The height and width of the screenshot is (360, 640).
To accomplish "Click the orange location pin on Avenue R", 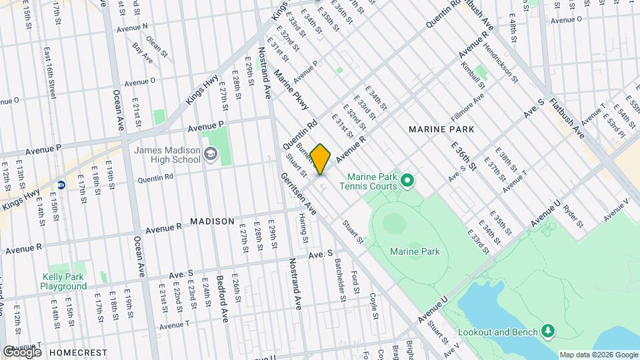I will [321, 159].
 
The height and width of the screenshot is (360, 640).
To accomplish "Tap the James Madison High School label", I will [167, 155].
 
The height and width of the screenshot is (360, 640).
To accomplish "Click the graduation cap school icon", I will [211, 155].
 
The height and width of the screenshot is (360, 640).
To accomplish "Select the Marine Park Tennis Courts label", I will [371, 181].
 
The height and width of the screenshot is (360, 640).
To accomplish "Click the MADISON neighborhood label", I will [212, 221].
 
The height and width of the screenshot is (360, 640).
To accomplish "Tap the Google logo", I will [22, 351].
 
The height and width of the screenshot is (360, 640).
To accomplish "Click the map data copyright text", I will [598, 355].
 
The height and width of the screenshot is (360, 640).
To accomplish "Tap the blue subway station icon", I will [61, 185].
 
